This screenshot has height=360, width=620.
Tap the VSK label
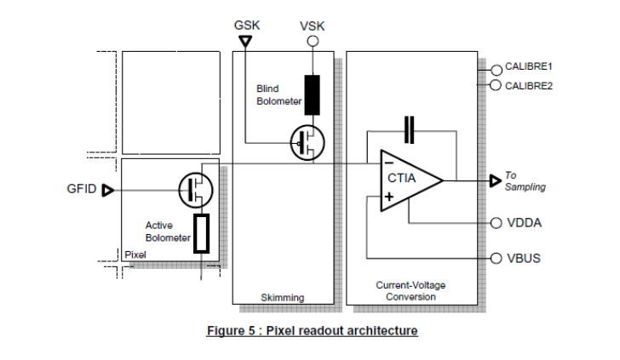313,26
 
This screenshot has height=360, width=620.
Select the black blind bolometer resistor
313,95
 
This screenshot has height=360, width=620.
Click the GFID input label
81,189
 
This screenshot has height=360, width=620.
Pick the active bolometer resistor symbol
201,234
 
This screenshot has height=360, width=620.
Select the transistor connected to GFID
196,188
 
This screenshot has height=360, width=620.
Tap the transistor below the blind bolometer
307,142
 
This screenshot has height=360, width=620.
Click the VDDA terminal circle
497,223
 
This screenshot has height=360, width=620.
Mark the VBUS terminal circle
497,259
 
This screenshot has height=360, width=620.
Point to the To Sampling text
525,180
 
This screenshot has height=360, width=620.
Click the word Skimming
283,297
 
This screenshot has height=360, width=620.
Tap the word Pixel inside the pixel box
135,254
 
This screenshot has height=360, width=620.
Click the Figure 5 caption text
312,329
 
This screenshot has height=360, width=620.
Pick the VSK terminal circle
313,40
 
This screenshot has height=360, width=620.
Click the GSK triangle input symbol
245,40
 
